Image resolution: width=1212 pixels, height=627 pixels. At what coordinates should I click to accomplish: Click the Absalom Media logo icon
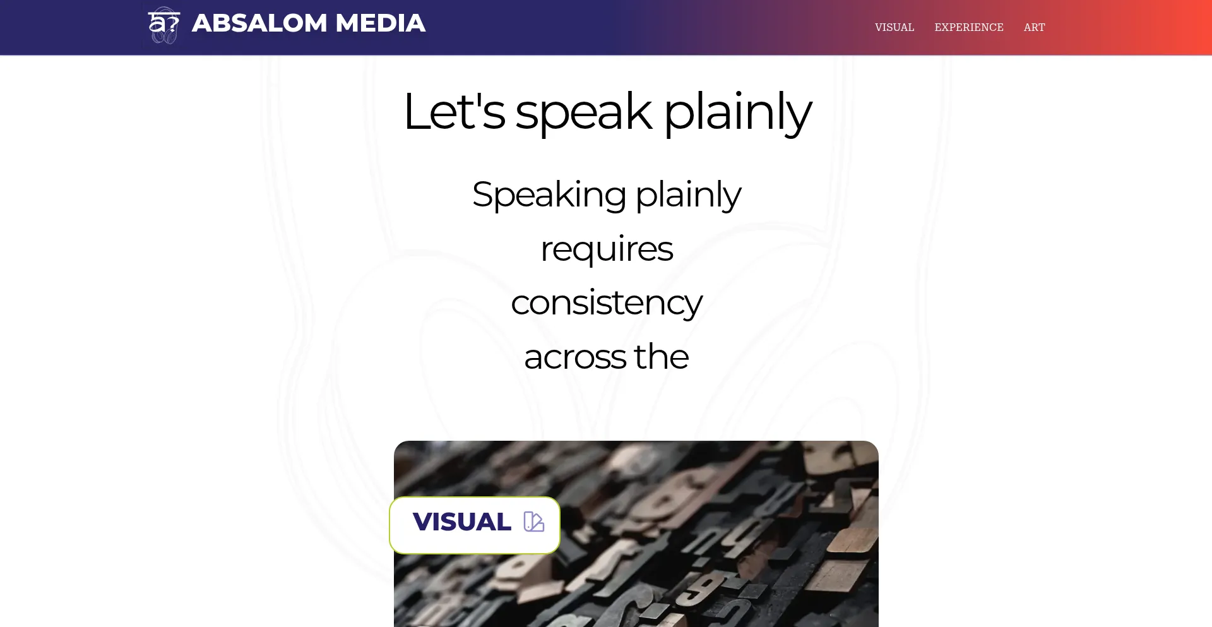tap(164, 25)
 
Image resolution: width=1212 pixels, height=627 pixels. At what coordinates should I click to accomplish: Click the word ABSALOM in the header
tap(259, 23)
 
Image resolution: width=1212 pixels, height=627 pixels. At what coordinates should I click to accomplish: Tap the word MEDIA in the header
tap(381, 23)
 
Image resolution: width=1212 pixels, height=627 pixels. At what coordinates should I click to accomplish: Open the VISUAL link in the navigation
tap(894, 27)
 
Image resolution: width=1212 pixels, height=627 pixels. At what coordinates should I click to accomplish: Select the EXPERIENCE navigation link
tap(969, 27)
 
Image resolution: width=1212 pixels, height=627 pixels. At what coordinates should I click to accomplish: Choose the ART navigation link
tap(1035, 27)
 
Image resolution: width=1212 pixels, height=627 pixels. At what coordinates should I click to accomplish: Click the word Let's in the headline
tap(454, 111)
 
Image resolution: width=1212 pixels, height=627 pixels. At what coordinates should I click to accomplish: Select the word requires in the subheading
tap(607, 249)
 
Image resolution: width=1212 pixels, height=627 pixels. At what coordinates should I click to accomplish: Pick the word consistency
tap(607, 304)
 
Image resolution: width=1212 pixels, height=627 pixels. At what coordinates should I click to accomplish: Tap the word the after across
tap(662, 356)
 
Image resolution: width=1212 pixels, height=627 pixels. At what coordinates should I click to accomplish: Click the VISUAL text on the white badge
tap(462, 522)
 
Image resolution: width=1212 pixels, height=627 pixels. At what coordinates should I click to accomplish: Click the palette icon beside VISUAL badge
tap(534, 522)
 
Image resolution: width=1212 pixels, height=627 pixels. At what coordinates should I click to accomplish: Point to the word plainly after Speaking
tap(688, 195)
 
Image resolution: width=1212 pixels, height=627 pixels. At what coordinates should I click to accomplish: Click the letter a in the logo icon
tap(156, 24)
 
